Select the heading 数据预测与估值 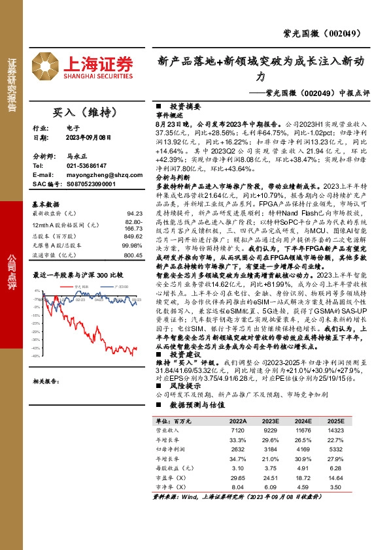[190, 405]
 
